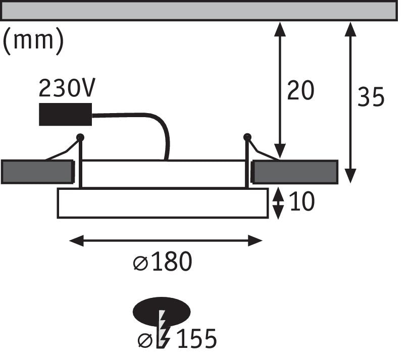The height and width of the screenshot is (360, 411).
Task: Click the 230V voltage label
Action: click(67, 89)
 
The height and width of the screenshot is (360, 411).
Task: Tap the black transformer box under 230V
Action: click(65, 114)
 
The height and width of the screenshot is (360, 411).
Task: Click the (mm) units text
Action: click(33, 41)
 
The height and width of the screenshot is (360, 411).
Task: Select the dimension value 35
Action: click(371, 97)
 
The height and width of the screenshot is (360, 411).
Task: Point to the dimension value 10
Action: click(302, 202)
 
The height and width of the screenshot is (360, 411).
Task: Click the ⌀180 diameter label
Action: click(163, 263)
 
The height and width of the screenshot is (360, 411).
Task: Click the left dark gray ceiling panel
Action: click(37, 172)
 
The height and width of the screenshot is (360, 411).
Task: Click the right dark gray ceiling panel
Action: click(295, 172)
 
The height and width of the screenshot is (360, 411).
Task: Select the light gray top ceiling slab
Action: click(199, 11)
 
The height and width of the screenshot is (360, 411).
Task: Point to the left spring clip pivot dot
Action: click(80, 137)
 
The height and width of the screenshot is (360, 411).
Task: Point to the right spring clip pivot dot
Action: click(247, 137)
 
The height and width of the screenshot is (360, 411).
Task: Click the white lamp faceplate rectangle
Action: click(163, 203)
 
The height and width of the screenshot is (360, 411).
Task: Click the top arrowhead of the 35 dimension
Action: click(350, 29)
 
